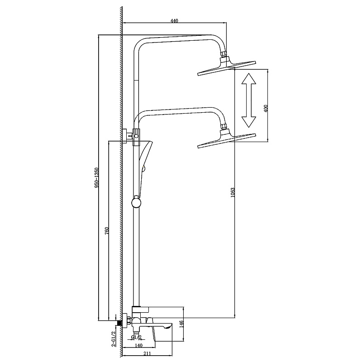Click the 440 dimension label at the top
[x=174, y=21]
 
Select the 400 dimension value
[x=266, y=108]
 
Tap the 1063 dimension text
[x=233, y=192]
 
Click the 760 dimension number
[x=106, y=231]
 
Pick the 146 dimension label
[x=181, y=324]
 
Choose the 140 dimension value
[x=138, y=345]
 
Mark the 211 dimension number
[x=147, y=353]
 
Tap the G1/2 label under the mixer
[x=136, y=337]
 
